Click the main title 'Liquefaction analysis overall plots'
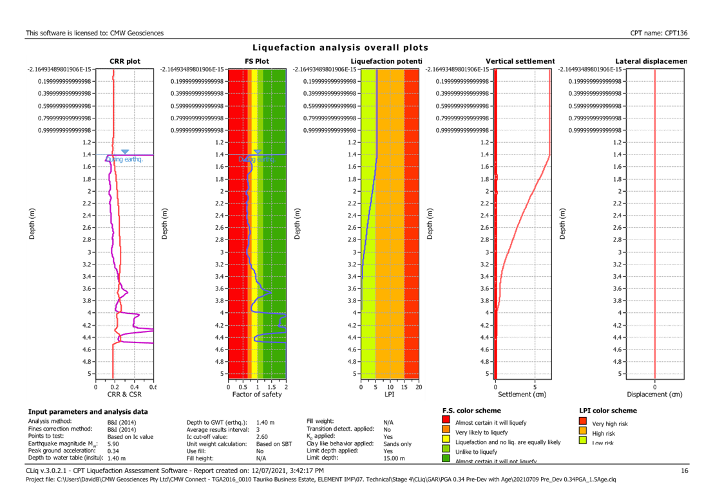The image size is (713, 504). [x=340, y=48]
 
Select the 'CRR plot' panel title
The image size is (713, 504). [x=124, y=61]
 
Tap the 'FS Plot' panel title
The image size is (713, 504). [x=257, y=61]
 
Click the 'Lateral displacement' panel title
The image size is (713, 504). [x=651, y=61]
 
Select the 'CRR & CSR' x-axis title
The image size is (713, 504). [x=124, y=393]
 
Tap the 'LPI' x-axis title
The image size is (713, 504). [x=389, y=393]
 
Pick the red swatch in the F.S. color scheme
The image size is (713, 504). [x=446, y=422]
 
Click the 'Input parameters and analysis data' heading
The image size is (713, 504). [x=88, y=411]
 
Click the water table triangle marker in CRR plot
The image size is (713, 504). [x=124, y=152]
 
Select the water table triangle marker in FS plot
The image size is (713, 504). [x=257, y=152]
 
